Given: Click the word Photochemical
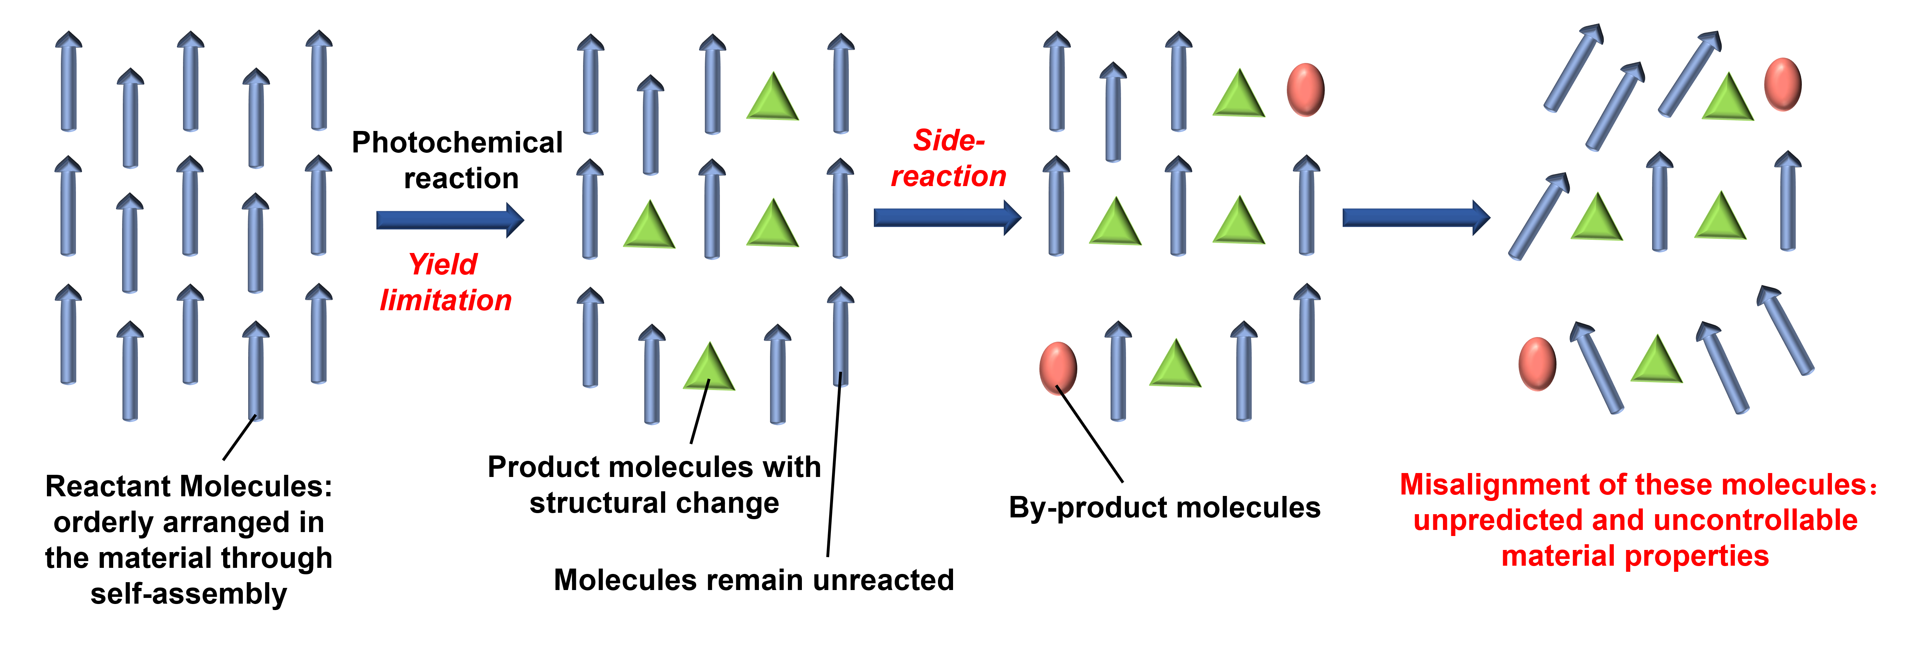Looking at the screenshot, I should [456, 143].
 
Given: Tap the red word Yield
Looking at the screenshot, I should [443, 264].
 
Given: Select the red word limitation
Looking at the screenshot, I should [446, 300].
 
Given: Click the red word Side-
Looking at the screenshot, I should [949, 141].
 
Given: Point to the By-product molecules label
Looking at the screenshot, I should [1164, 507].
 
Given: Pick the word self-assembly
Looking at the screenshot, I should [189, 594].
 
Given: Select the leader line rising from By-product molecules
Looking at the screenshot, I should [1090, 435].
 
